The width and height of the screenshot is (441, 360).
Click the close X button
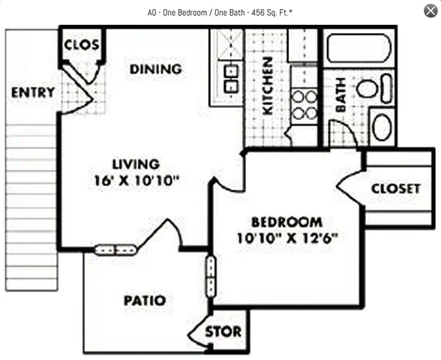tap(429, 10)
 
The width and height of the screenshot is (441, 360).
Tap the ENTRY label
tap(32, 93)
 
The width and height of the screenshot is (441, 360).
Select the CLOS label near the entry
tap(82, 45)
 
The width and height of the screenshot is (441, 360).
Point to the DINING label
tap(155, 69)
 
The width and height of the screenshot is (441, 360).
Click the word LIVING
tap(136, 163)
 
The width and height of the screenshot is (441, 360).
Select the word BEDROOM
tap(286, 223)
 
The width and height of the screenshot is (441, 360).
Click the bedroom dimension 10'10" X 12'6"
tap(286, 239)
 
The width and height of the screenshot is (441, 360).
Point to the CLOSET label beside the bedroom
tap(395, 188)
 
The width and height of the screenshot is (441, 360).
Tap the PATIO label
tap(144, 301)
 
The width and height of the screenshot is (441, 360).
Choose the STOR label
tap(223, 331)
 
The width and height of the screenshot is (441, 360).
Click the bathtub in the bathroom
tap(358, 49)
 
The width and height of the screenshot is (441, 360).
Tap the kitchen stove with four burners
tap(304, 105)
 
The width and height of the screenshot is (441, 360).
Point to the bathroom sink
tap(367, 88)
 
